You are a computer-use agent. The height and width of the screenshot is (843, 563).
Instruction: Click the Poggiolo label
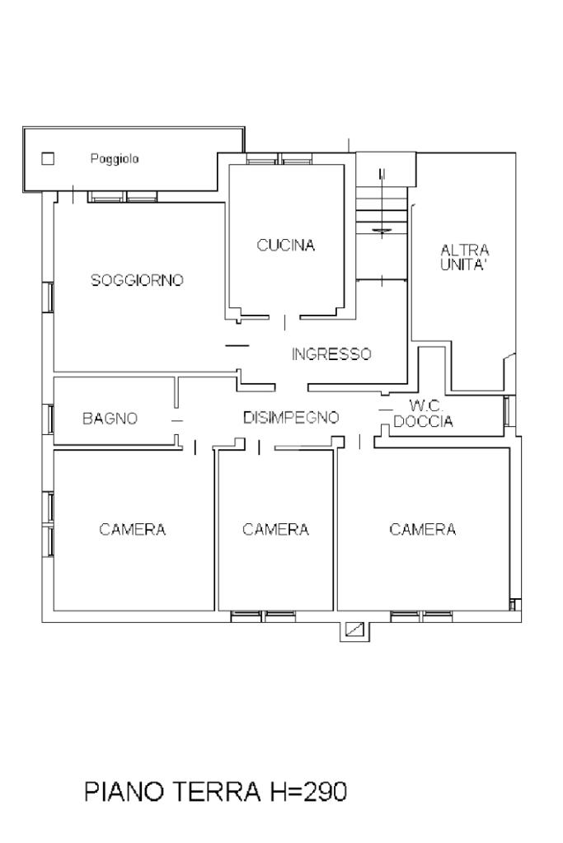(x=115, y=159)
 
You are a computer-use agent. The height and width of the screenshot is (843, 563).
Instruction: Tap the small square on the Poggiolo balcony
(x=48, y=158)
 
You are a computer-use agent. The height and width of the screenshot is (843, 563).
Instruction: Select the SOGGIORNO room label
(x=137, y=280)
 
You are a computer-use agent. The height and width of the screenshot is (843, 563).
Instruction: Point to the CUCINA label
(x=285, y=246)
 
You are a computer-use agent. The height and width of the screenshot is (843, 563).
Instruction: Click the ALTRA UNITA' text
(x=465, y=258)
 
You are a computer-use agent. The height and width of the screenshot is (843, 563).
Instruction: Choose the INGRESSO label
(x=331, y=354)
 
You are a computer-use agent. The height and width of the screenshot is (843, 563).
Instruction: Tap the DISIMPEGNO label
(x=291, y=417)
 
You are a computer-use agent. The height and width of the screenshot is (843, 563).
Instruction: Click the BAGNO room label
(x=110, y=419)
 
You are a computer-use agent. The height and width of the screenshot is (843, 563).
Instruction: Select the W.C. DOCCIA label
(x=423, y=414)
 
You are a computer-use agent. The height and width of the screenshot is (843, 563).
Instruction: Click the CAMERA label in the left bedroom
(x=132, y=530)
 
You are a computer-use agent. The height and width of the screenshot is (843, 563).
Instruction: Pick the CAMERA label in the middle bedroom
(x=275, y=530)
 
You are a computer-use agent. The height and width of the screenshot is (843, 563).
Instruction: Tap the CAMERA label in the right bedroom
(x=423, y=530)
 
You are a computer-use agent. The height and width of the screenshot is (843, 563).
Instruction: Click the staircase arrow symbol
(x=382, y=232)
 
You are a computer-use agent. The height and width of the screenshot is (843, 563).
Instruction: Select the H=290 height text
(x=306, y=792)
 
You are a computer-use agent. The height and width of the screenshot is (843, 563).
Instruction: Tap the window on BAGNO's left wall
(x=49, y=419)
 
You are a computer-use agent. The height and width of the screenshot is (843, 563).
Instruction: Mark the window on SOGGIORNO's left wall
(x=49, y=297)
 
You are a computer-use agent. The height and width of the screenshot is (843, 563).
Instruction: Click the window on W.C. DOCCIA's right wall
(x=508, y=411)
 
